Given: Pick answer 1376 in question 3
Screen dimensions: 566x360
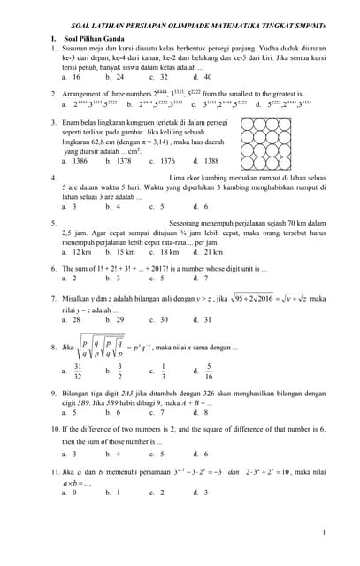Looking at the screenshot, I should click(x=166, y=161).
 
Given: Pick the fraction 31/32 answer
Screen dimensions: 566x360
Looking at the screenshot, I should click(x=79, y=371).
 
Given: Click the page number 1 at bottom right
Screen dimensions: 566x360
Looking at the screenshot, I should click(x=324, y=532).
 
